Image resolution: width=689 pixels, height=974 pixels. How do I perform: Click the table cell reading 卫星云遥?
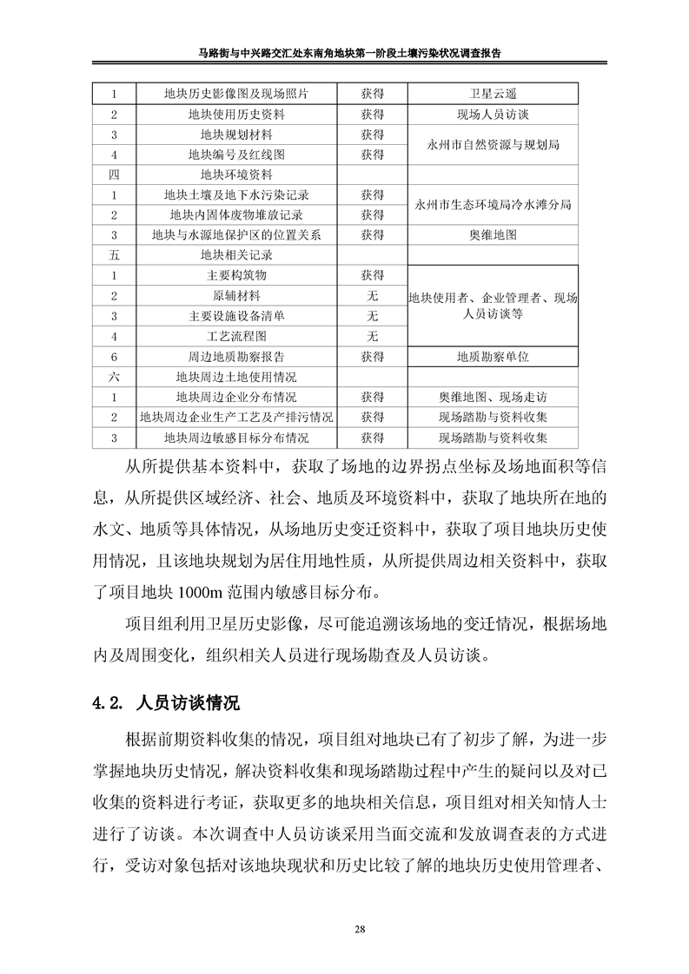point(493,94)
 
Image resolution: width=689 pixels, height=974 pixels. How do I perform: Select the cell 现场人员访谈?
point(493,114)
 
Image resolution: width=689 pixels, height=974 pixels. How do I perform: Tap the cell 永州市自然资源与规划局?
point(493,144)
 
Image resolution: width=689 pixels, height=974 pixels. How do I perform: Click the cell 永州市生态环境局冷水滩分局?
point(493,204)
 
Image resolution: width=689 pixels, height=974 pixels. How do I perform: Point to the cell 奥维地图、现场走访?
point(493,397)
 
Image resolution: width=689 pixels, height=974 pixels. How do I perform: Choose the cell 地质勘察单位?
point(493,356)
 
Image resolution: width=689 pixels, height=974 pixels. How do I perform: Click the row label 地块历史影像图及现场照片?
point(236,94)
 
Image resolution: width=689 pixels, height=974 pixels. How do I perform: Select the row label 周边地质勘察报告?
point(236,356)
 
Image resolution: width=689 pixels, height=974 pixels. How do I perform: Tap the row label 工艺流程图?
point(236,336)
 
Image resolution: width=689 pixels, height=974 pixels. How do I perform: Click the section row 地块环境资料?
point(236,174)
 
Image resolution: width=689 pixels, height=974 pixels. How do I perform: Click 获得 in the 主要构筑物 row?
point(373,275)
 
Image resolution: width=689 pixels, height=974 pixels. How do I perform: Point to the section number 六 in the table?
point(113,377)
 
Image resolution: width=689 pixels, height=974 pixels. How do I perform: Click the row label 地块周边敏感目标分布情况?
point(236,438)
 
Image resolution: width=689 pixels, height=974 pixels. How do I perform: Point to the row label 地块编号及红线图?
point(236,155)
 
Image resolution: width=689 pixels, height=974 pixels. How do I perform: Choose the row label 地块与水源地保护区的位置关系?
point(236,234)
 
